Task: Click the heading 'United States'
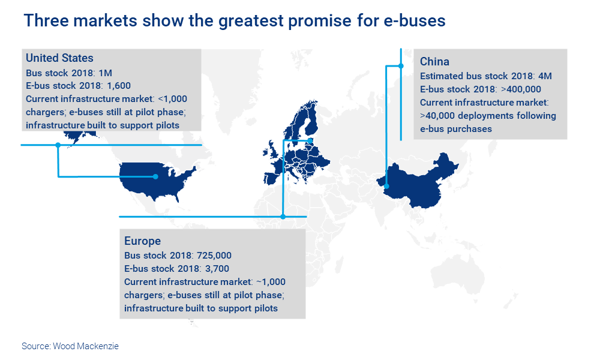pyautogui.click(x=59, y=58)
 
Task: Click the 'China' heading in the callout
pyautogui.click(x=435, y=62)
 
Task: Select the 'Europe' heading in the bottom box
pyautogui.click(x=143, y=241)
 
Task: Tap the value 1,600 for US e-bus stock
pyautogui.click(x=119, y=85)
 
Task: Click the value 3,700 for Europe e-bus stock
pyautogui.click(x=217, y=268)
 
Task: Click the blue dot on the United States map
pyautogui.click(x=155, y=176)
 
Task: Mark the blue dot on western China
pyautogui.click(x=387, y=186)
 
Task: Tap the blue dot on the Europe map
pyautogui.click(x=311, y=141)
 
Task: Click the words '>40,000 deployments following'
pyautogui.click(x=488, y=116)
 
